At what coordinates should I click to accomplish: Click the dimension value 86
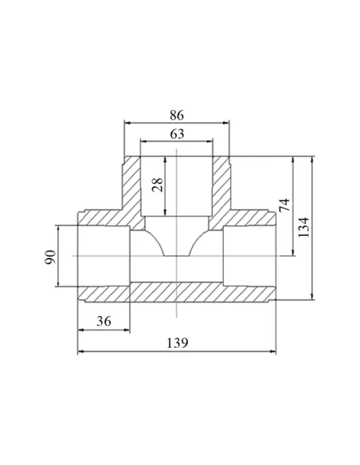pos(177,115)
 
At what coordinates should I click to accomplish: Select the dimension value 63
pos(177,134)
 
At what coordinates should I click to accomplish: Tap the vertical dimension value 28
pos(158,185)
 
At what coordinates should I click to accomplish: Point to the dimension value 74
pos(284,205)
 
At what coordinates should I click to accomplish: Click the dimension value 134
pos(303,227)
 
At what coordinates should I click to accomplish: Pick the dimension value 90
pos(50,257)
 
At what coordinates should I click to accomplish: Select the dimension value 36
pos(104,321)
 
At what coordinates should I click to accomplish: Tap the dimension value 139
pos(178,343)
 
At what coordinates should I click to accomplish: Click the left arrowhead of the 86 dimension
pos(127,122)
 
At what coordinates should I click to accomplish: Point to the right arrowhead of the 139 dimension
pos(272,351)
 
